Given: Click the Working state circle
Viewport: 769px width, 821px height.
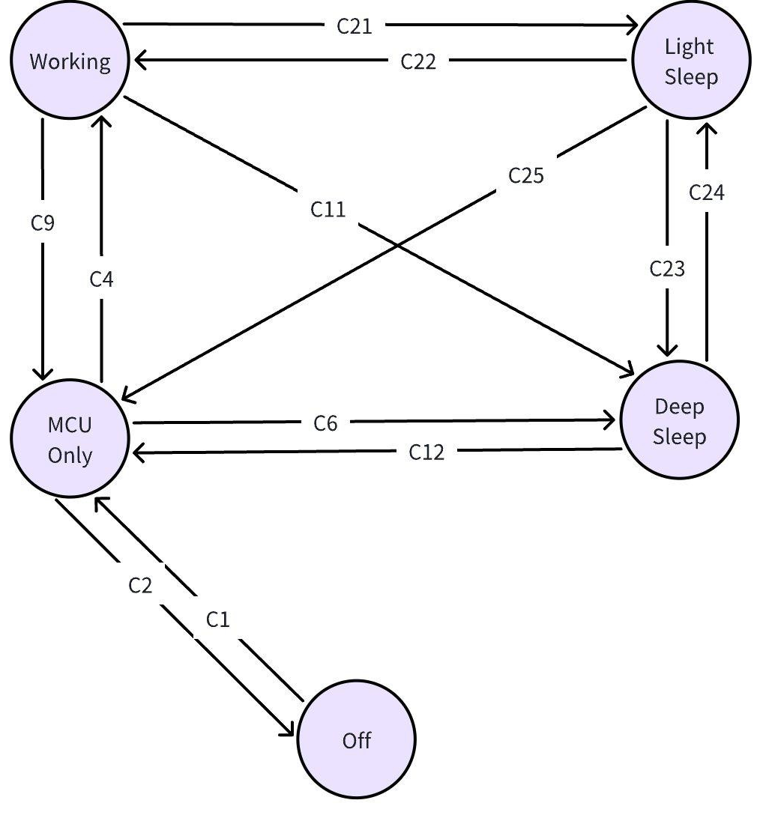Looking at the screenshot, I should (x=70, y=61).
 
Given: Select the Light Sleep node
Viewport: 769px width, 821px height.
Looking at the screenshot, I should (x=690, y=61).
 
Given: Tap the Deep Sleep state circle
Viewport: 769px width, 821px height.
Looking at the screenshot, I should (x=679, y=421).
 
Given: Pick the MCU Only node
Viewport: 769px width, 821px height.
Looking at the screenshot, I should (x=70, y=440).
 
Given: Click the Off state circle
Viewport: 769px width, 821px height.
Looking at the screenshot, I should (x=357, y=740).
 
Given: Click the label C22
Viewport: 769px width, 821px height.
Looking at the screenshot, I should (x=418, y=61).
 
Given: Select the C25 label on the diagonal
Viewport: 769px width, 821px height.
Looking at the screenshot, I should (x=526, y=175).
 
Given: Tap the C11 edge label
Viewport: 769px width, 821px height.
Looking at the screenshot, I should (x=328, y=209).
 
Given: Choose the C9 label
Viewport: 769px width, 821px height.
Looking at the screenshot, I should (x=43, y=223).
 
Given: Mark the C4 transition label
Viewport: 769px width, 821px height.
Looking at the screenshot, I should (x=102, y=279).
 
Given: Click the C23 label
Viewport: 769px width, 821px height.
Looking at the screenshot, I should (x=667, y=268).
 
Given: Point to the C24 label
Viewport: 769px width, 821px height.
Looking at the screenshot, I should (x=707, y=193).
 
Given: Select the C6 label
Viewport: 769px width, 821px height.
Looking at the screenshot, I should (x=325, y=423).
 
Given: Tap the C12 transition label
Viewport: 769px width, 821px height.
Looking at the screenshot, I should (x=427, y=452).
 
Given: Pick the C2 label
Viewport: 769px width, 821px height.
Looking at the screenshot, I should (x=140, y=585).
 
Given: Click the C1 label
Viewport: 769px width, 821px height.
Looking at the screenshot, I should (x=217, y=619).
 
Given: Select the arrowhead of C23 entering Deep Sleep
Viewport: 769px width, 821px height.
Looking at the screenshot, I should (x=667, y=351).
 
